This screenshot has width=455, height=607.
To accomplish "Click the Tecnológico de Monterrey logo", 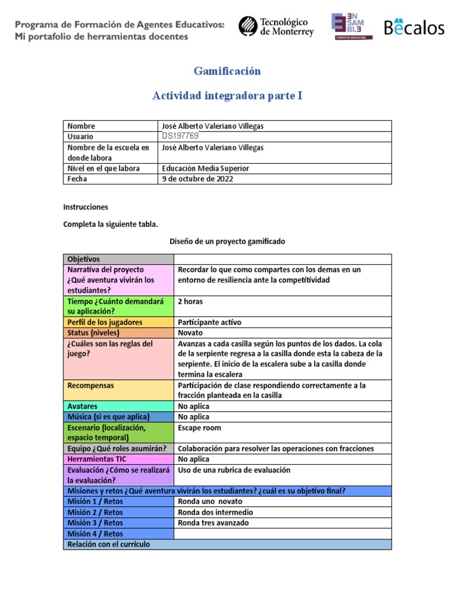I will tap(276, 27).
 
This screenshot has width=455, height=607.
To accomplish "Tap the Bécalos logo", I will tap(414, 27).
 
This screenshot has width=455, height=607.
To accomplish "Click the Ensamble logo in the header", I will tap(352, 27).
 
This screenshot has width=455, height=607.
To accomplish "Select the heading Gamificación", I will tap(227, 71).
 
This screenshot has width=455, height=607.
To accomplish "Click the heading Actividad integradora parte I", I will tap(227, 95).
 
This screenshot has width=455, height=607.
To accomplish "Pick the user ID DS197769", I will tap(180, 136).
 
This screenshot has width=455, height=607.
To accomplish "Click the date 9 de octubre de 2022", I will tap(197, 179).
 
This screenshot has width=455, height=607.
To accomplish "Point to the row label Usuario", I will tap(81, 136).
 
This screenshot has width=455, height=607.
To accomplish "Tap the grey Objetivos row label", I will tap(84, 259).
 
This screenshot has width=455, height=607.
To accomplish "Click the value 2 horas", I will tap(190, 301).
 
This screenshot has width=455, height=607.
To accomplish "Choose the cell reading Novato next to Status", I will tap(190, 333).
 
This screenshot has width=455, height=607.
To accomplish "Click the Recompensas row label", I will tap(91, 385).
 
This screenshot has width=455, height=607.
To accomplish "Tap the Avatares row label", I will tap(82, 407).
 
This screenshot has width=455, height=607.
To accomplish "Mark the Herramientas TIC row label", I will tap(97, 459).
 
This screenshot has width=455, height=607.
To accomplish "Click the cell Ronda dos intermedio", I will tap(216, 512).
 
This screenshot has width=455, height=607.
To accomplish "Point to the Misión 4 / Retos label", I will tap(95, 533).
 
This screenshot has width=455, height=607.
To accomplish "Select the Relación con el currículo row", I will tap(227, 544).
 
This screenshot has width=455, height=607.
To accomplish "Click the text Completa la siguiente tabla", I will tap(111, 224).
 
